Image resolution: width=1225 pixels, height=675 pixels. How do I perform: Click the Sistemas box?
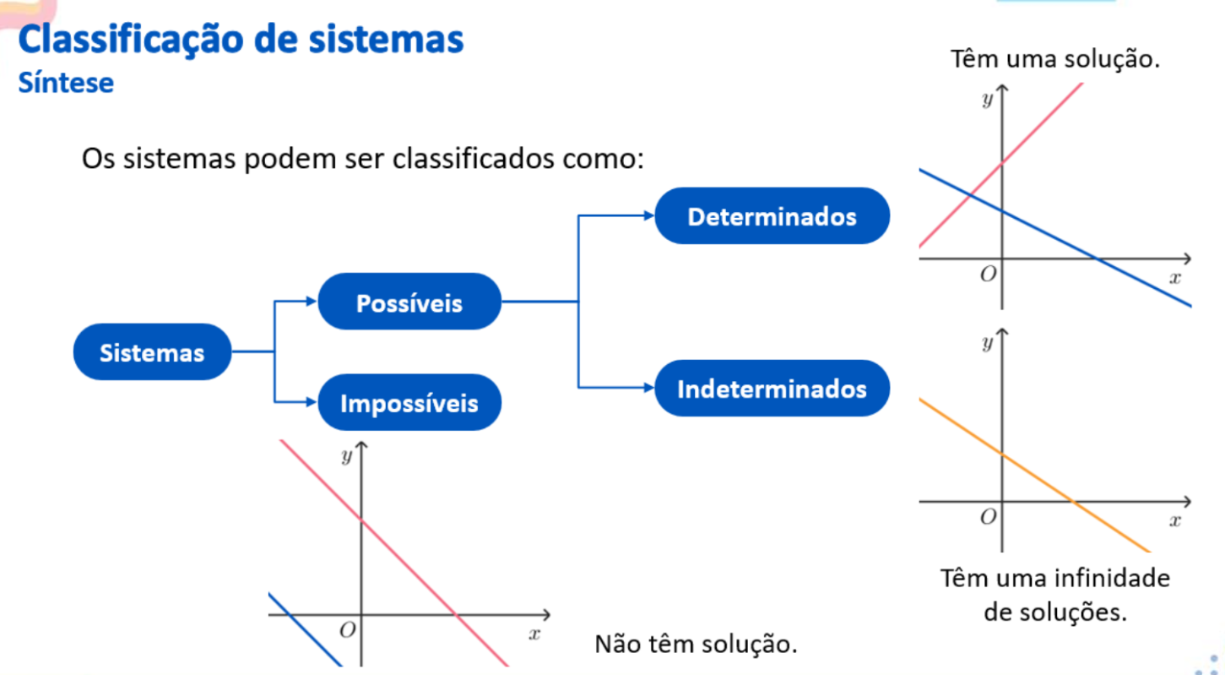point(152,352)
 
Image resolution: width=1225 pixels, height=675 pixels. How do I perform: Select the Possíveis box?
point(409,302)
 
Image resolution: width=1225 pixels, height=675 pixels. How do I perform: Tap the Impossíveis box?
point(409,403)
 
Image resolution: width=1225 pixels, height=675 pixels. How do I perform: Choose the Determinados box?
point(772,216)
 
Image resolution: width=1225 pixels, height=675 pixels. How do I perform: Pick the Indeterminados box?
point(772,389)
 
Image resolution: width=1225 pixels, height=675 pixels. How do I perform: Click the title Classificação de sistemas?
point(241,40)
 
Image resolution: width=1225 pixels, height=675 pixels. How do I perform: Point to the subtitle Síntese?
point(66,84)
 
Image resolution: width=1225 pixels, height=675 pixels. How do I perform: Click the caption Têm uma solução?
point(1054,60)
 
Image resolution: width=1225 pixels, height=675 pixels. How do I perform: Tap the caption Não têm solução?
point(696,644)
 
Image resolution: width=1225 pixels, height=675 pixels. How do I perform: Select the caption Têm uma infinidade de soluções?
point(1055,595)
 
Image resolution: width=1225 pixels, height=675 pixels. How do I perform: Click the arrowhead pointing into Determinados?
point(649,216)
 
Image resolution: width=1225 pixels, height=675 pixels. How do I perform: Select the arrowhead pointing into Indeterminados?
point(649,388)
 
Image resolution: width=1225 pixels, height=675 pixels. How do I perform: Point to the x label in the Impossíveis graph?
point(534,634)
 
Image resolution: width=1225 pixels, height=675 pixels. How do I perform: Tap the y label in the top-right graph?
point(987,99)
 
